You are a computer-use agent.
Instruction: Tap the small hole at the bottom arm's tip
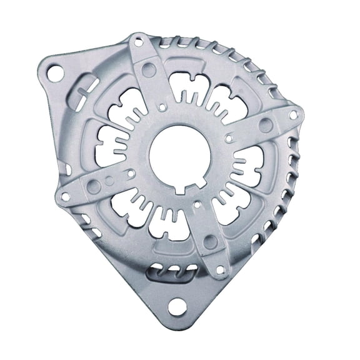[x=219, y=269]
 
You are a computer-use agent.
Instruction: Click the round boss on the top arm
[x=148, y=69]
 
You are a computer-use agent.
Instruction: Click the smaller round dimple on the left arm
[x=109, y=180]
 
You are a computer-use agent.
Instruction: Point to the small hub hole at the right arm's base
[x=228, y=134]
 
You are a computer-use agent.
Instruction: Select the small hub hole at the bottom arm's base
[x=197, y=203]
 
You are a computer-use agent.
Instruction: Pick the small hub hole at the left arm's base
[x=131, y=172]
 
